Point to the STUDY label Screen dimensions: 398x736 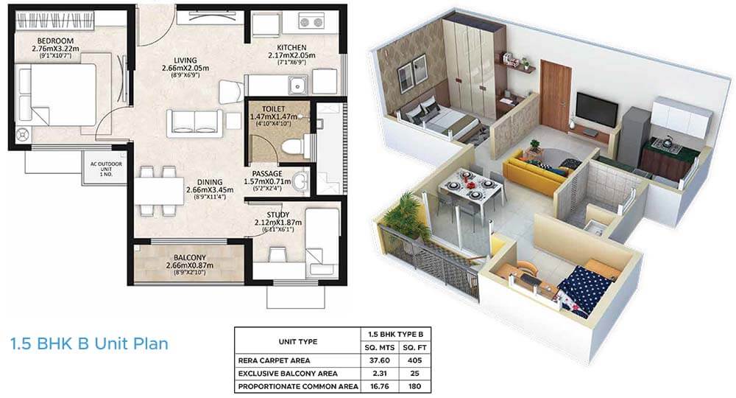click(x=278, y=214)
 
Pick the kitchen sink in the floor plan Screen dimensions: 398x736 click(x=298, y=88)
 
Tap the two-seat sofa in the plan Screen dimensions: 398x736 click(x=194, y=122)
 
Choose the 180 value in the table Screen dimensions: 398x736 click(x=414, y=385)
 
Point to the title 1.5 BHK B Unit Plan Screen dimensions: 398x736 click(x=89, y=343)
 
